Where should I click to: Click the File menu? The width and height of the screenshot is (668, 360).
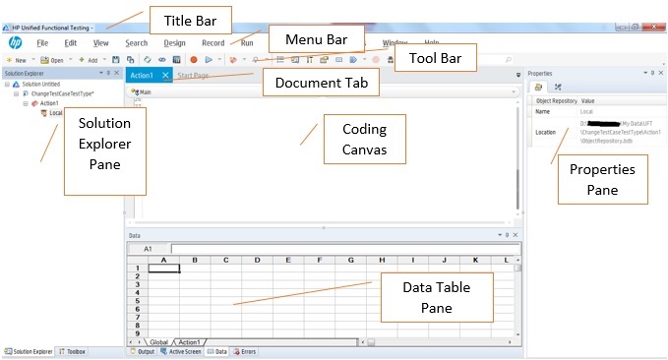[42, 43]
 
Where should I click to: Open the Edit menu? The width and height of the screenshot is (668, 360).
[71, 43]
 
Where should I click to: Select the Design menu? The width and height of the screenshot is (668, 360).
[174, 43]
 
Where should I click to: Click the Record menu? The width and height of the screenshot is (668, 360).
[213, 43]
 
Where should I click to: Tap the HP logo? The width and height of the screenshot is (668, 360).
[15, 43]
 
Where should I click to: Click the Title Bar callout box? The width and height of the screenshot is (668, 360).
[189, 19]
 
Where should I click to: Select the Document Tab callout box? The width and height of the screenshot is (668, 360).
[321, 83]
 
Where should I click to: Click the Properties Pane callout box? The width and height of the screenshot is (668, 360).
[602, 178]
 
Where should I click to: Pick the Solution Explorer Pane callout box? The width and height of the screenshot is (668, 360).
[104, 150]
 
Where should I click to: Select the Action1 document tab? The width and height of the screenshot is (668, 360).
[143, 75]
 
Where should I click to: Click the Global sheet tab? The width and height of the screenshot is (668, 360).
[158, 341]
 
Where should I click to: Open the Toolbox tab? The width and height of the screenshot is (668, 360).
[77, 351]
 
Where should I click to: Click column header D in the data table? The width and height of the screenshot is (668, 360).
[256, 260]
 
